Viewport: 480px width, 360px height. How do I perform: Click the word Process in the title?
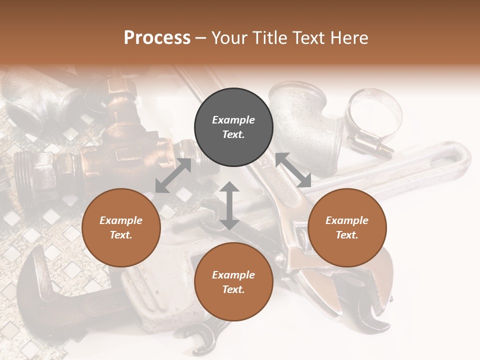[157, 38]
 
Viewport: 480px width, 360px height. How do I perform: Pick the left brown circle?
[121, 227]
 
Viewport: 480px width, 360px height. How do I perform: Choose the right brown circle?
[347, 227]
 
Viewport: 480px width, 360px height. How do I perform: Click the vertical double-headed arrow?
[229, 205]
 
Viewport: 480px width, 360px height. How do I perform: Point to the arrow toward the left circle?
[173, 175]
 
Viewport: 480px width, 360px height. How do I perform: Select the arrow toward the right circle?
[293, 170]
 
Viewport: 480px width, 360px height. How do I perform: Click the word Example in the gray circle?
[233, 120]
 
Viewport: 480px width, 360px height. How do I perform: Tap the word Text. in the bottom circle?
[233, 289]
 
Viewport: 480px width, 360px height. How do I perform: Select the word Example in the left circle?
[121, 220]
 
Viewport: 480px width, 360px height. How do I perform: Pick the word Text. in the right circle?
[347, 235]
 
